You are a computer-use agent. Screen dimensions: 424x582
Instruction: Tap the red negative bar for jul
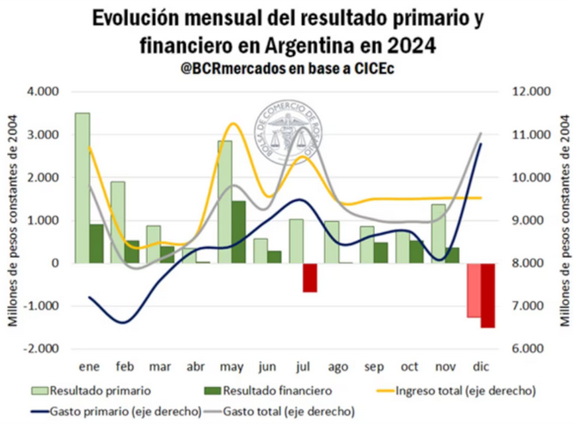(x=309, y=277)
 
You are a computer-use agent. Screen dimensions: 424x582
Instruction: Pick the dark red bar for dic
(x=487, y=295)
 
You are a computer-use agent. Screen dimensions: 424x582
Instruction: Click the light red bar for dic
(x=474, y=290)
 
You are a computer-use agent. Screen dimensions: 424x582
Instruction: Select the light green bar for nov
(x=438, y=233)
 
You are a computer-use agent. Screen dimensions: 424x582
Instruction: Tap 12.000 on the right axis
(x=530, y=92)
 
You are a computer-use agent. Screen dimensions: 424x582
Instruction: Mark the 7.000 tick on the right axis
(x=528, y=306)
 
